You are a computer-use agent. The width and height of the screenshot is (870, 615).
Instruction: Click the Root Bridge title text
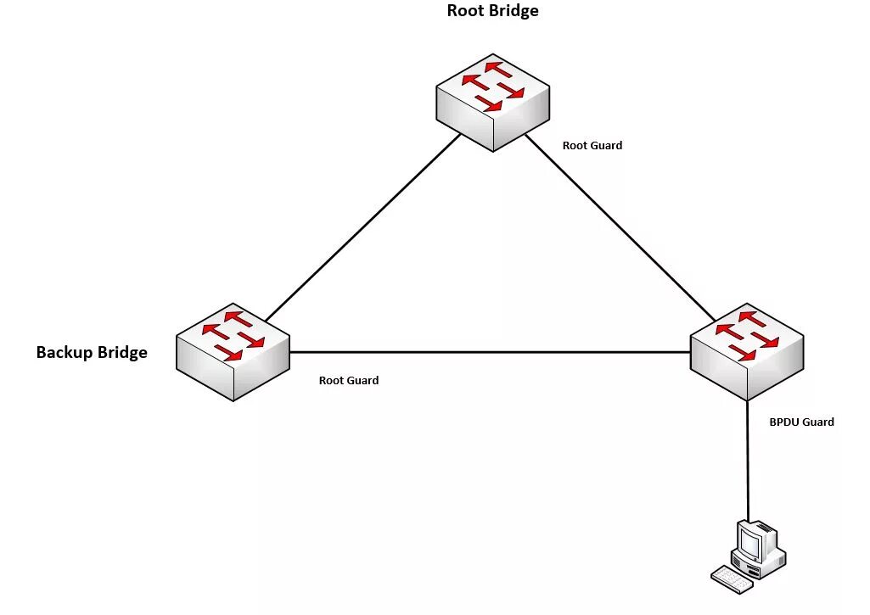pos(492,11)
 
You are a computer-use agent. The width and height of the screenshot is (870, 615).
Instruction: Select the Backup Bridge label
pos(92,352)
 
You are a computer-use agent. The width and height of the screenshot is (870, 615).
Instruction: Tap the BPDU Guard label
pos(801,422)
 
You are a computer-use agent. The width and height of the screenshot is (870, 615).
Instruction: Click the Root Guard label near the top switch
pos(592,145)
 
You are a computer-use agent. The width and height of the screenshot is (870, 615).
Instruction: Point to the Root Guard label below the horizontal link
pos(348,380)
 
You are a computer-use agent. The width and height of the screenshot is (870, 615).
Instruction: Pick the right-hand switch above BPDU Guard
pos(746,350)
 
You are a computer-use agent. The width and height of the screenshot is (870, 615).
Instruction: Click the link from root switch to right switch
pos(620,225)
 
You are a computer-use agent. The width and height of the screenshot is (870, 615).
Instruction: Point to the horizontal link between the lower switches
pos(490,352)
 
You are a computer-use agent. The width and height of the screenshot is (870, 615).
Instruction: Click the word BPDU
pos(784,422)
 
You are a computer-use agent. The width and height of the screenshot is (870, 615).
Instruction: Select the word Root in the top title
pos(465,11)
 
